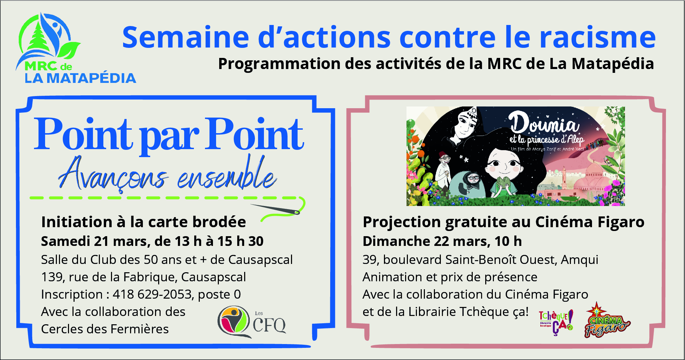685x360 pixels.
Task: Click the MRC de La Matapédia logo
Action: [x=76, y=49]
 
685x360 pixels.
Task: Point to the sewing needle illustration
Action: [x=275, y=209]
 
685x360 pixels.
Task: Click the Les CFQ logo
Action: [x=252, y=322]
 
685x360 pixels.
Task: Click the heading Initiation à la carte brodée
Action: [x=144, y=222]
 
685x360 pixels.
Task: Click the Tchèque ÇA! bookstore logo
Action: [x=556, y=322]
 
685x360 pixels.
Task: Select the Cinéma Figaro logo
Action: [x=607, y=321]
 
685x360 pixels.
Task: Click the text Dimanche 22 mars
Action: [x=426, y=241]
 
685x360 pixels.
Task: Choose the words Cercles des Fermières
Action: [x=105, y=329]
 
